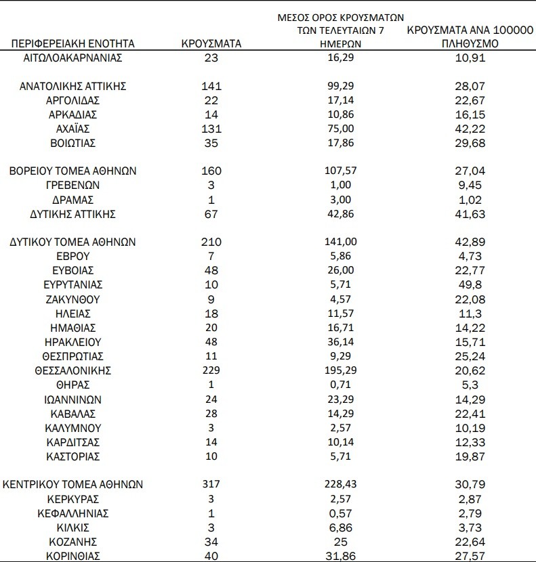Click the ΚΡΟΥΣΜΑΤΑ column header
(211, 44)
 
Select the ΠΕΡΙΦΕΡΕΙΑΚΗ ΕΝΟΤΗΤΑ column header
(73, 44)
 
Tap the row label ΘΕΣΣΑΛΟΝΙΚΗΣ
(73, 370)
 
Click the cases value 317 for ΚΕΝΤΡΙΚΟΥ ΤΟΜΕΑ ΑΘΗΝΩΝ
(211, 485)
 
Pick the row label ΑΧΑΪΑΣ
(73, 129)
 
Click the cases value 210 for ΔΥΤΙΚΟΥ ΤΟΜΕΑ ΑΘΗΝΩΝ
(211, 242)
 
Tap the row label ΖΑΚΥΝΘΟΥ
(73, 299)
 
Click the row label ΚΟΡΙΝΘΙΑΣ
(73, 556)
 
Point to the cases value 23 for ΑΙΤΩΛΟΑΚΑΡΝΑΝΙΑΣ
(211, 58)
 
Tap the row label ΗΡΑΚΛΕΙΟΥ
(73, 342)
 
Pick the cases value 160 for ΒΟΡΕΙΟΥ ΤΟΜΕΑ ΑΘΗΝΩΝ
(211, 171)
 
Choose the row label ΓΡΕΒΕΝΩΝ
(73, 186)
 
